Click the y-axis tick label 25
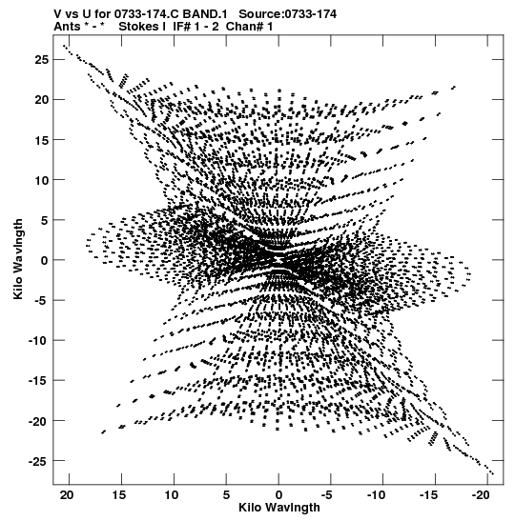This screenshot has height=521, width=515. pos(42,60)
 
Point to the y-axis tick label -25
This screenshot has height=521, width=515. pos(38,461)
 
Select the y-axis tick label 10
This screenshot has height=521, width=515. pos(42,180)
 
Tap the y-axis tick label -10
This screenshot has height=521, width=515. pos(38,341)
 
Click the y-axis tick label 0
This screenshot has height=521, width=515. pos(45,261)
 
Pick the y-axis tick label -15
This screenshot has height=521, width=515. pos(38,381)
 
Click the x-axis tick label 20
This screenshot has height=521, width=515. pos(68,495)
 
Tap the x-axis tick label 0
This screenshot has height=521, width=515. pos(278,495)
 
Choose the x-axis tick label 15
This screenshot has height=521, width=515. pos(120,495)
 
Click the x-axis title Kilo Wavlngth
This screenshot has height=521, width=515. pos(279,508)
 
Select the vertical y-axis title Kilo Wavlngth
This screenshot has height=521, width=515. pos(18,259)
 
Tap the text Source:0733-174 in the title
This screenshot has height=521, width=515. pos(288,14)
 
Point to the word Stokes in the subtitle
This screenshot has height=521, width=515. pos(139,27)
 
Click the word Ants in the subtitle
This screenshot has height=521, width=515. pos(67,27)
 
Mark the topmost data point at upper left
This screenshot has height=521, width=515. pos(64,46)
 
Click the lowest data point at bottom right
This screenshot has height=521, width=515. pos(493,473)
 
